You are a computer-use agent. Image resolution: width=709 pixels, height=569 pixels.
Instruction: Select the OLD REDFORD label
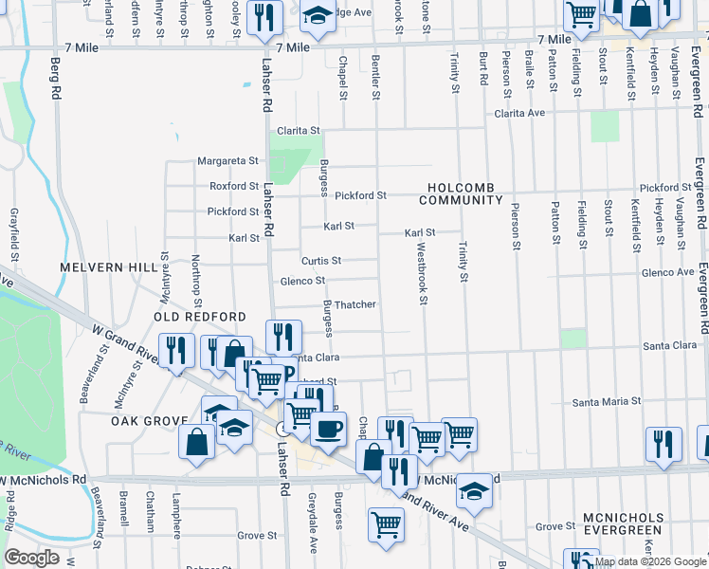coord(202,317)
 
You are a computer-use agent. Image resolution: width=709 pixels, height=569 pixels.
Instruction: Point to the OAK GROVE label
coord(146,420)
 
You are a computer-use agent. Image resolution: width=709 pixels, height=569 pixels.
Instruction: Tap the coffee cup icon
coord(329,429)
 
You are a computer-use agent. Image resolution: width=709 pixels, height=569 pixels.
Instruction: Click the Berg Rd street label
coord(56,82)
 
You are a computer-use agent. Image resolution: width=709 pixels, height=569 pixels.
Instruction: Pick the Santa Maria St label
coord(608,402)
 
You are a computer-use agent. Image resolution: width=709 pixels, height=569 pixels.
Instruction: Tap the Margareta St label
coord(227,161)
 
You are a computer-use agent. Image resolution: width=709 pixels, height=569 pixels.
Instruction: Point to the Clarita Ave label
coord(520,113)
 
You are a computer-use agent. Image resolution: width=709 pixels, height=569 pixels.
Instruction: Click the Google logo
coord(31,558)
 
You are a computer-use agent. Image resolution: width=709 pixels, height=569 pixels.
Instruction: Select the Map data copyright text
coord(650,561)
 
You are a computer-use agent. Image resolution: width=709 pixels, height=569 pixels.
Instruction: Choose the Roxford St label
coord(234,187)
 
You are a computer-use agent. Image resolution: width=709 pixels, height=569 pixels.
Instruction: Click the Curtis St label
coord(321,260)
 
